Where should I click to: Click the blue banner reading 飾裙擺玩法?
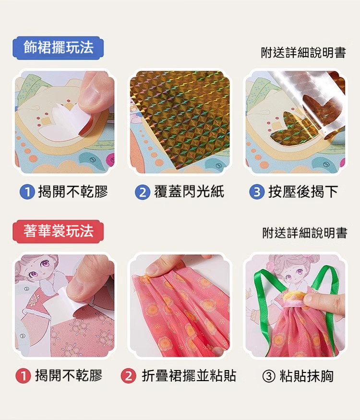click(58, 48)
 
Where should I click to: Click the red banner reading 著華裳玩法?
click(58, 231)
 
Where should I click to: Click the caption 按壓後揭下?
click(303, 192)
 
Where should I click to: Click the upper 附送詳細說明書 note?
click(303, 53)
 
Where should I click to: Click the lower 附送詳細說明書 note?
click(305, 233)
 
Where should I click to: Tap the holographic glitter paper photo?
click(180, 122)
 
